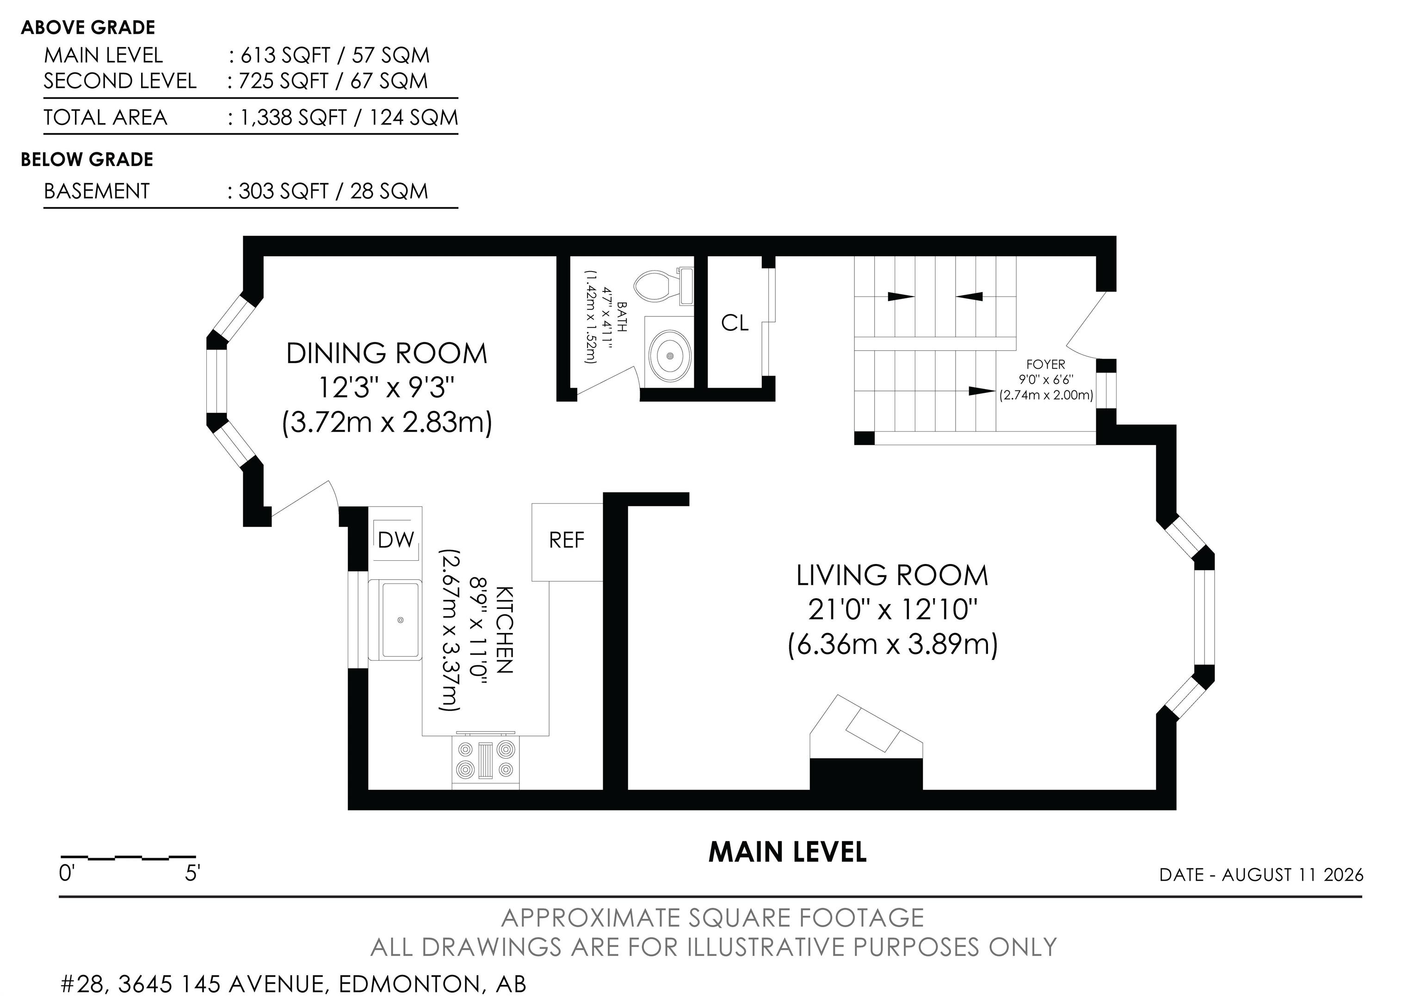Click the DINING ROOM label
pos(387,353)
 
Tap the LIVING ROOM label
pos(892,576)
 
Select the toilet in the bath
pos(663,286)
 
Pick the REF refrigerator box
pos(567,542)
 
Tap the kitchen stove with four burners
pos(486,762)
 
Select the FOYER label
pos(1046,365)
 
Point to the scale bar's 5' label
pos(192,874)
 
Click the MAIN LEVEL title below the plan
pos(787,852)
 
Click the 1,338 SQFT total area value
pos(293,118)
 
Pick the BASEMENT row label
pos(97,191)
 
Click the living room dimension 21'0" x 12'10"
pos(892,610)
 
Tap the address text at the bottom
pos(294,984)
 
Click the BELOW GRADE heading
pos(87,160)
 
